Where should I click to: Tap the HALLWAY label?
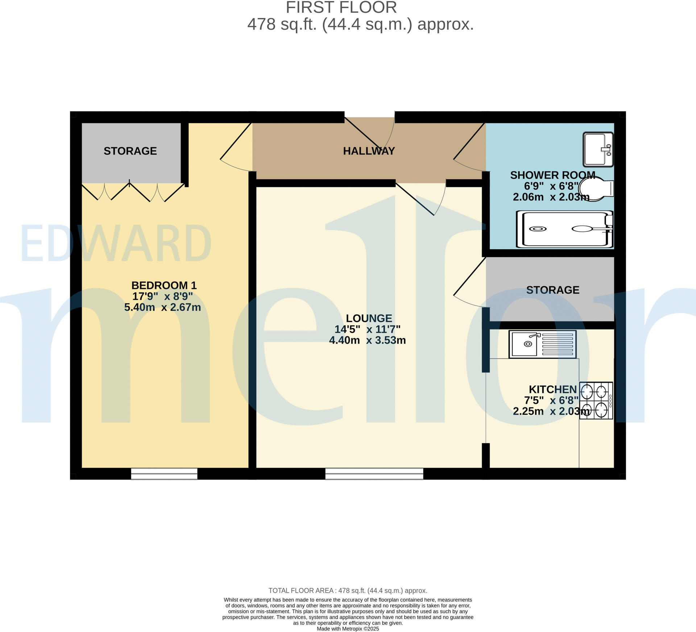(x=369, y=151)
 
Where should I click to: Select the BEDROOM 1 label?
(x=164, y=285)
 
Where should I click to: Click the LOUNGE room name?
(x=369, y=318)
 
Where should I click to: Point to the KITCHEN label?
(x=552, y=389)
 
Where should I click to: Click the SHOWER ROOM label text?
(x=552, y=175)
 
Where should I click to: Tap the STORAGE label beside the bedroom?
(x=130, y=151)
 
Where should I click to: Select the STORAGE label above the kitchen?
(x=552, y=290)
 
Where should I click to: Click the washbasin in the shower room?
(x=598, y=149)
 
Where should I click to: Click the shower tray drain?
(x=538, y=229)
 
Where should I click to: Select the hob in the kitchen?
(x=596, y=400)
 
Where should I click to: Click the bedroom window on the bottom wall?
(x=164, y=474)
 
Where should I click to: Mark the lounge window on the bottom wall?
(x=374, y=474)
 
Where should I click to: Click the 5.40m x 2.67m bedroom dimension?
(x=162, y=307)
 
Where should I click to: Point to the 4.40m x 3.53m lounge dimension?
(x=367, y=340)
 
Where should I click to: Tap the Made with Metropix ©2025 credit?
(x=348, y=629)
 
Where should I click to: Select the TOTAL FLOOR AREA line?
(x=348, y=591)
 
